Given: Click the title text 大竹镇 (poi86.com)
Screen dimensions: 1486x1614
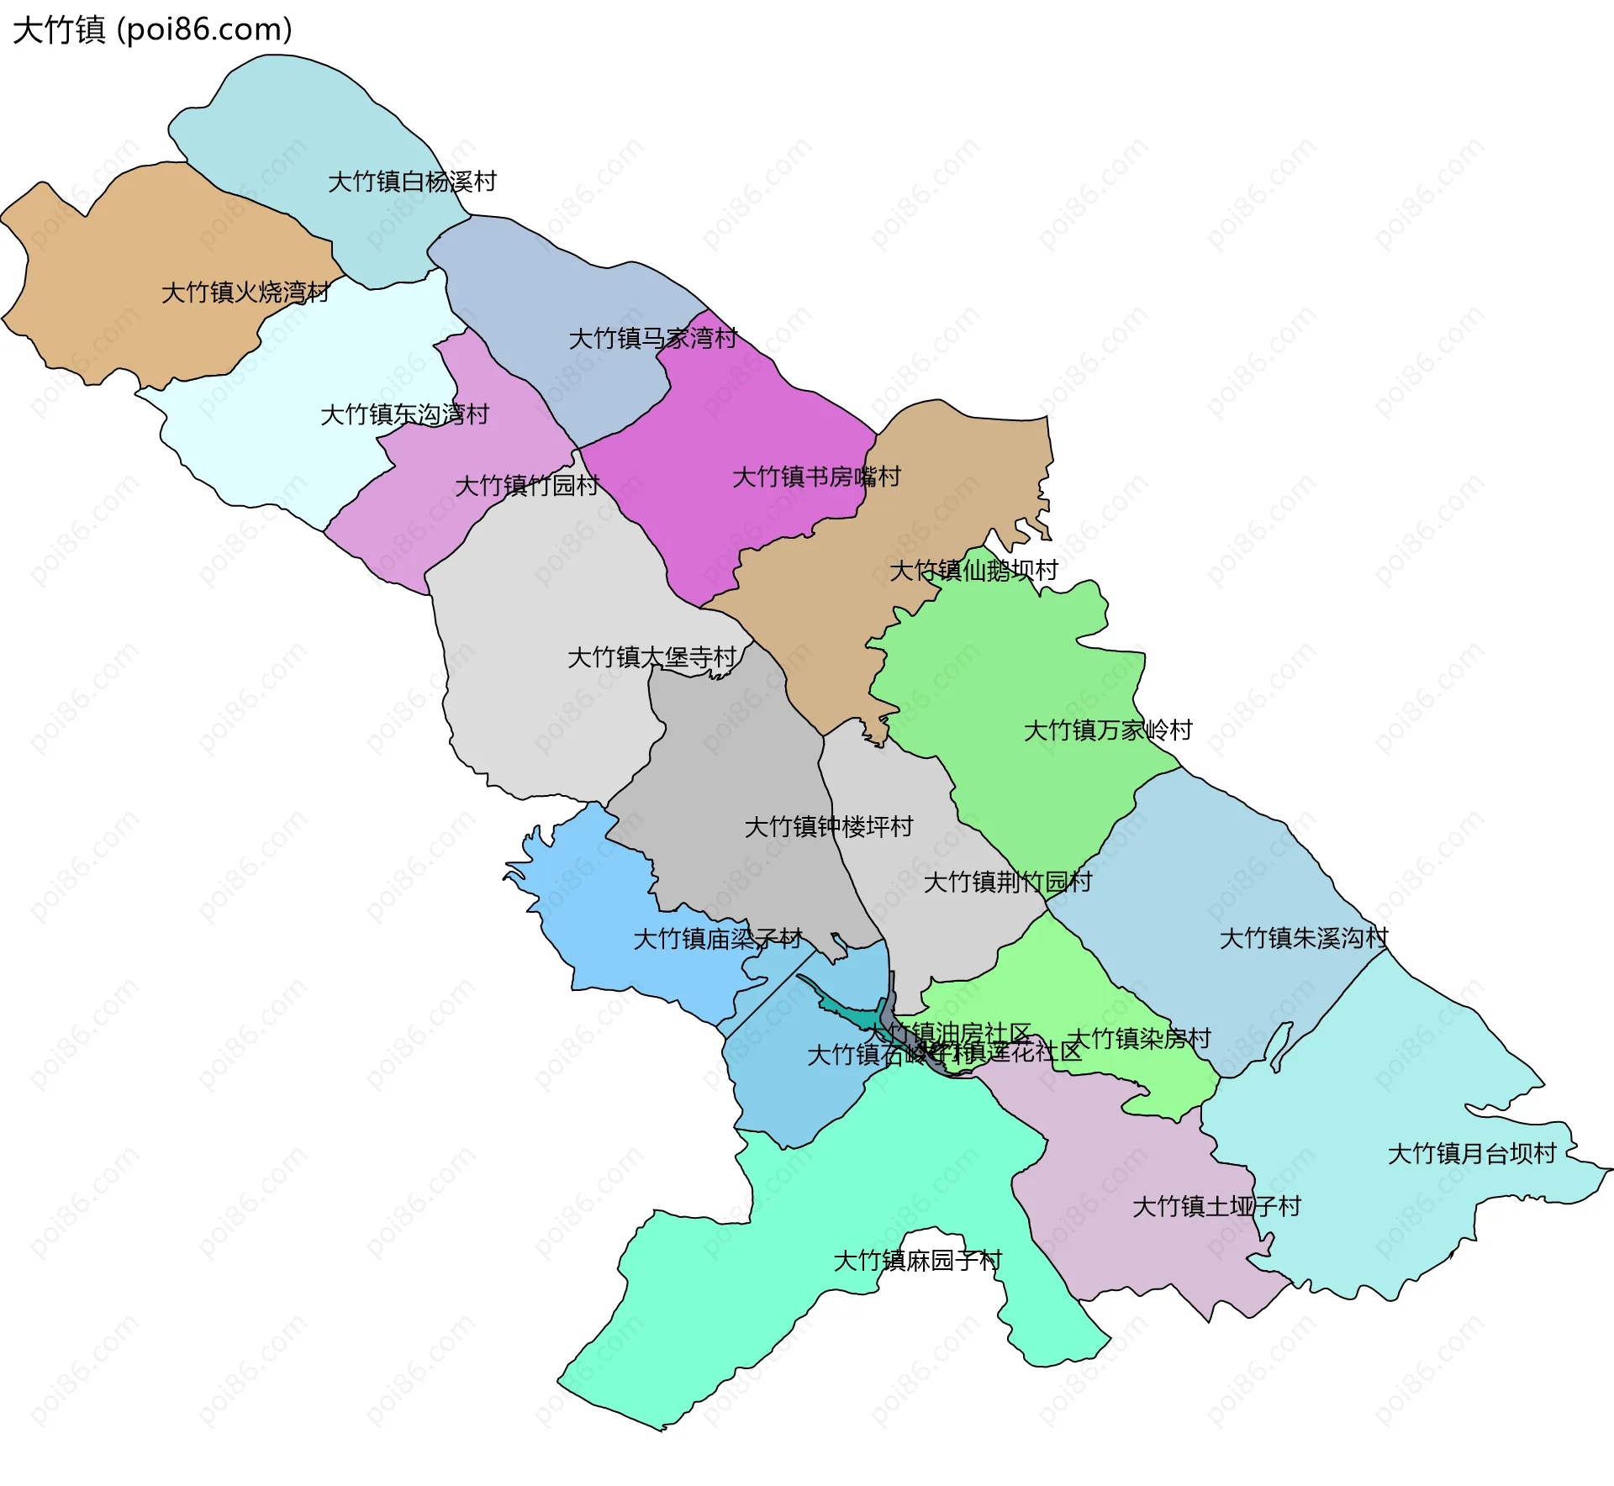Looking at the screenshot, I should [x=152, y=29].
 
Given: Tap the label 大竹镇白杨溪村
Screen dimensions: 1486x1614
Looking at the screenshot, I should [x=412, y=182].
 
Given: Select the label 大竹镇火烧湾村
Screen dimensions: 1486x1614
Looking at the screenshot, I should [x=245, y=292].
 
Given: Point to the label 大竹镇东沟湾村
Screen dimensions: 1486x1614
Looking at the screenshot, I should [x=404, y=414].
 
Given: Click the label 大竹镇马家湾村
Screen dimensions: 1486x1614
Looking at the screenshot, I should [x=652, y=339].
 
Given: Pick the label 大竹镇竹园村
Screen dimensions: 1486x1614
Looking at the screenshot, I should [x=526, y=486].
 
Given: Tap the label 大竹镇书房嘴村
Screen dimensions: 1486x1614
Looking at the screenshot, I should [x=816, y=477].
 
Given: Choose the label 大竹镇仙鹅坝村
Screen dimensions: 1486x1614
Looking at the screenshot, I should [x=973, y=571].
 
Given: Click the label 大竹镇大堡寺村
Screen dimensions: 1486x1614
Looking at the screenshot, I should [x=652, y=657].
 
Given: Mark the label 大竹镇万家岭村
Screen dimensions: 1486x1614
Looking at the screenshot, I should [x=1108, y=730].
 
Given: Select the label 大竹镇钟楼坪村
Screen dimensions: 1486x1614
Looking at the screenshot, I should [x=829, y=827].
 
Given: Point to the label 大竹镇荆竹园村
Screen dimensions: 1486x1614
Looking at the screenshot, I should [x=1007, y=883].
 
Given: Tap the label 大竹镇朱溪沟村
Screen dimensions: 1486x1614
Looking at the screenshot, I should [x=1304, y=939].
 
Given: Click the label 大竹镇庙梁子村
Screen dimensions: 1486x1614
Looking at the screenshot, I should [x=718, y=939].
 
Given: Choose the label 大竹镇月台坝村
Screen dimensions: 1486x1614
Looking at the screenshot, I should [x=1472, y=1154].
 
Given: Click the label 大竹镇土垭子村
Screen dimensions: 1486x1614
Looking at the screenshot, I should [x=1216, y=1207].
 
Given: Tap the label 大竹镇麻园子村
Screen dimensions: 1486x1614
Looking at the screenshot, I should [x=917, y=1261].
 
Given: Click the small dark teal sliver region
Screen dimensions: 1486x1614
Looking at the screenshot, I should [x=849, y=1014].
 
